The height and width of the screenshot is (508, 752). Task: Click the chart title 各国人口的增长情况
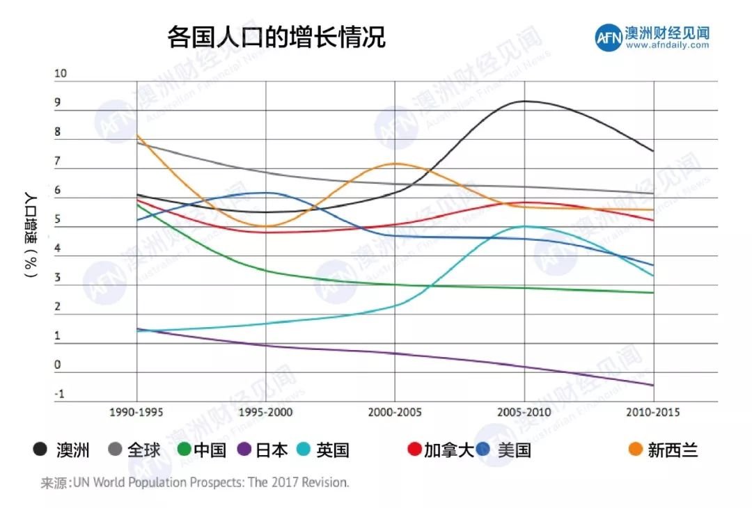(x=276, y=37)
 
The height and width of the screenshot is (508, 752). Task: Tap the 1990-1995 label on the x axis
(x=136, y=412)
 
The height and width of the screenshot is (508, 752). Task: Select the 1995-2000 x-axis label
(x=265, y=412)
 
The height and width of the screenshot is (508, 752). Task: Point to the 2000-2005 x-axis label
(x=395, y=412)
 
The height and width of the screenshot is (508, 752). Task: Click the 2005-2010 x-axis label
(x=524, y=412)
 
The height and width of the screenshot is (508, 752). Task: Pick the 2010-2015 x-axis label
(x=653, y=412)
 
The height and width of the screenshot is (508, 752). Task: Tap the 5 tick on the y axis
(x=58, y=219)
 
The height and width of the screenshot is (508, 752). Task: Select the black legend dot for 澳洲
(x=40, y=450)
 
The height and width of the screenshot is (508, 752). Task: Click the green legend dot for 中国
(x=184, y=450)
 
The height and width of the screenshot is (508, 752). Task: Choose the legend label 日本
(x=272, y=450)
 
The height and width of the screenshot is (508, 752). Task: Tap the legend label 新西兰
(x=673, y=450)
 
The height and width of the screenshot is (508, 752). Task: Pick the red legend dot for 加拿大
(x=414, y=450)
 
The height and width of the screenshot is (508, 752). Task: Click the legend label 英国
(x=332, y=450)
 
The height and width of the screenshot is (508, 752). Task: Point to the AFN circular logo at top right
(x=608, y=38)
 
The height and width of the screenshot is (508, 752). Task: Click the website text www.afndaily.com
(x=667, y=45)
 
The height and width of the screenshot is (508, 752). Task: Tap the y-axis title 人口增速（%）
(x=30, y=233)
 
